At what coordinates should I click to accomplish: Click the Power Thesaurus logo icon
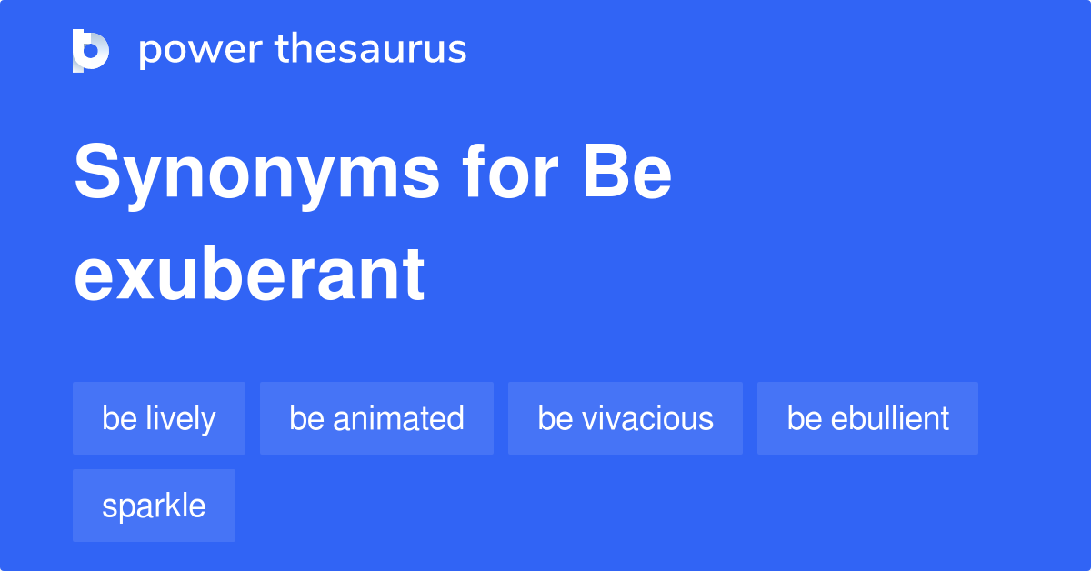pyautogui.click(x=91, y=50)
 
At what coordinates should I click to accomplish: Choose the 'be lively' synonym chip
pyautogui.click(x=159, y=418)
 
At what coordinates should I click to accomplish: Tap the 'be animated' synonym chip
pyautogui.click(x=376, y=418)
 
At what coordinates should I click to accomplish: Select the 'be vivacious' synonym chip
pyautogui.click(x=626, y=418)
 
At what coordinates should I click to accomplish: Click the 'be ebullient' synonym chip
pyautogui.click(x=867, y=418)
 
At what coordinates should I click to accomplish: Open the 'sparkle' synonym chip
pyautogui.click(x=154, y=506)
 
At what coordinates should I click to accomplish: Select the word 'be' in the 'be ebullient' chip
pyautogui.click(x=804, y=418)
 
